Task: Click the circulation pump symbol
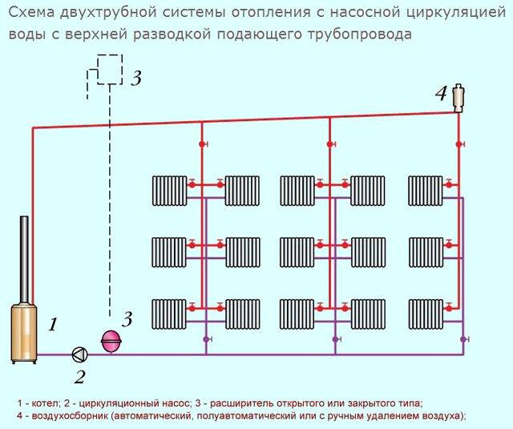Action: (79, 354)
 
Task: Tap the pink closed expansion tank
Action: (111, 341)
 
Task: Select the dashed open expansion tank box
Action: (110, 70)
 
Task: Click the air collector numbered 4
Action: (458, 99)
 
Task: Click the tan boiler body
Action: (24, 333)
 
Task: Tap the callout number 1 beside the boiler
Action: (53, 325)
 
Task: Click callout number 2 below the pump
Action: (80, 377)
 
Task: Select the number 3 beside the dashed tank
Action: (136, 78)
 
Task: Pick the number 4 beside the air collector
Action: (440, 93)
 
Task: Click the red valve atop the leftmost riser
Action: (203, 144)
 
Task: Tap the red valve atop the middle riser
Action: (331, 144)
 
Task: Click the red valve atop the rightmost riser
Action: (459, 144)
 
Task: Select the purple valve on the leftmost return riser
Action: (207, 339)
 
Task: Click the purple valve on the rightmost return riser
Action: (463, 339)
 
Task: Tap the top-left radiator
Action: (169, 191)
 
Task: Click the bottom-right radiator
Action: (426, 314)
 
